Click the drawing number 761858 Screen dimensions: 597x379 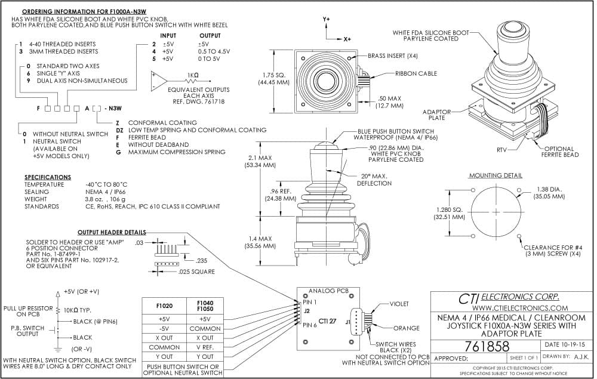(x=487, y=346)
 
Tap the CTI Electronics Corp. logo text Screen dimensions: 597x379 (x=509, y=298)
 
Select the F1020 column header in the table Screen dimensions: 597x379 (x=164, y=306)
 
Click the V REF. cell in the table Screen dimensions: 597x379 (x=205, y=347)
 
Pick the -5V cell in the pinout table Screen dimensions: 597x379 (x=164, y=328)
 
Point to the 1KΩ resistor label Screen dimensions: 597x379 (x=193, y=75)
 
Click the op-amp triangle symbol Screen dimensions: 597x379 (x=159, y=81)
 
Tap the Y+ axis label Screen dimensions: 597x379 (x=327, y=19)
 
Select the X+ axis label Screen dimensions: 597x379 (x=347, y=39)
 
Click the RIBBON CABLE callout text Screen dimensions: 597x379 (x=416, y=73)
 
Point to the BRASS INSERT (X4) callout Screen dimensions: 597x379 (x=393, y=56)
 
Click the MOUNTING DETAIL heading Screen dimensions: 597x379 (x=496, y=175)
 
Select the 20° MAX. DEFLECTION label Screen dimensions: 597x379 (x=374, y=180)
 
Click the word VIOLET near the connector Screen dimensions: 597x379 (x=399, y=304)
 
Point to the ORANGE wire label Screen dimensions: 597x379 (x=406, y=328)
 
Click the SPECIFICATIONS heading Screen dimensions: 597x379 (x=48, y=177)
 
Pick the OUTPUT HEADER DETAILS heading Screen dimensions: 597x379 (x=112, y=232)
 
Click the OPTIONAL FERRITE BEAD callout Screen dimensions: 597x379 (x=560, y=152)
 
